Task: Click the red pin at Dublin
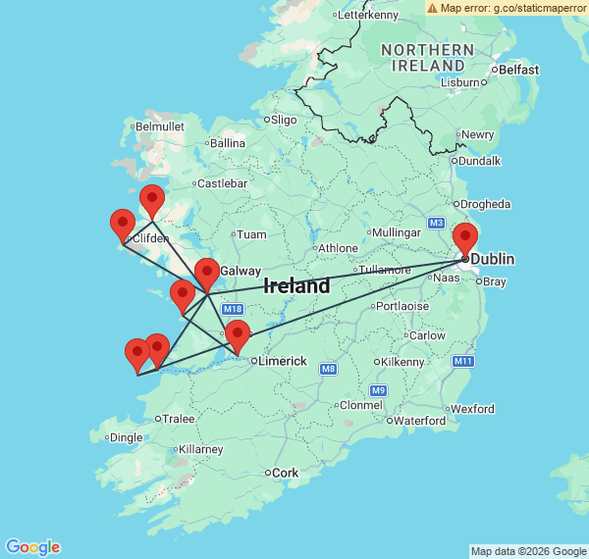tap(465, 238)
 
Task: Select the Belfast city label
tap(518, 70)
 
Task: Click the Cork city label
tap(285, 473)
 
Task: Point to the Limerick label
tap(283, 361)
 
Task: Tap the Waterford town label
tap(421, 421)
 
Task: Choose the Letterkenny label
tap(370, 15)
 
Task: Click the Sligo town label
tap(283, 120)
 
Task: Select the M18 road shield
tap(233, 310)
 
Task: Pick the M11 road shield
tap(463, 362)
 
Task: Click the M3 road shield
tap(436, 223)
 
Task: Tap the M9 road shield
tap(379, 390)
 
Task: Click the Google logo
tap(31, 547)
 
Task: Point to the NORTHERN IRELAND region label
tap(428, 58)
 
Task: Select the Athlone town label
tap(338, 247)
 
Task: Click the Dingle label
tap(126, 437)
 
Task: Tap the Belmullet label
tap(160, 127)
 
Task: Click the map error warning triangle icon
tap(433, 8)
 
